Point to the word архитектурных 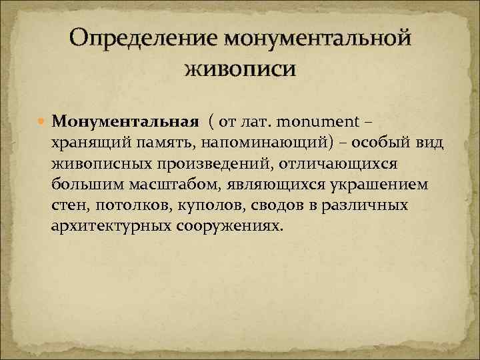[111, 226]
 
